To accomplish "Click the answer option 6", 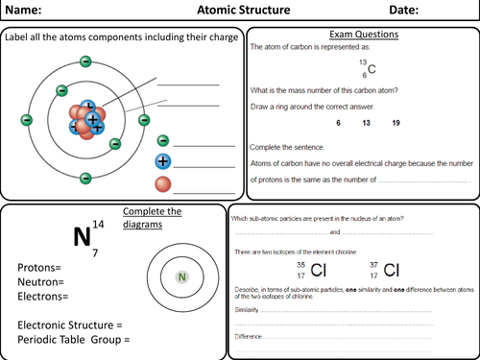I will coord(338,124).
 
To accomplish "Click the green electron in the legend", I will coord(163,141).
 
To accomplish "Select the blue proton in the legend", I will coord(163,160).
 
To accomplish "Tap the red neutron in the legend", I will coord(163,181).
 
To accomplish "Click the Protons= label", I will coord(40,267).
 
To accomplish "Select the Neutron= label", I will coord(40,282).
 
